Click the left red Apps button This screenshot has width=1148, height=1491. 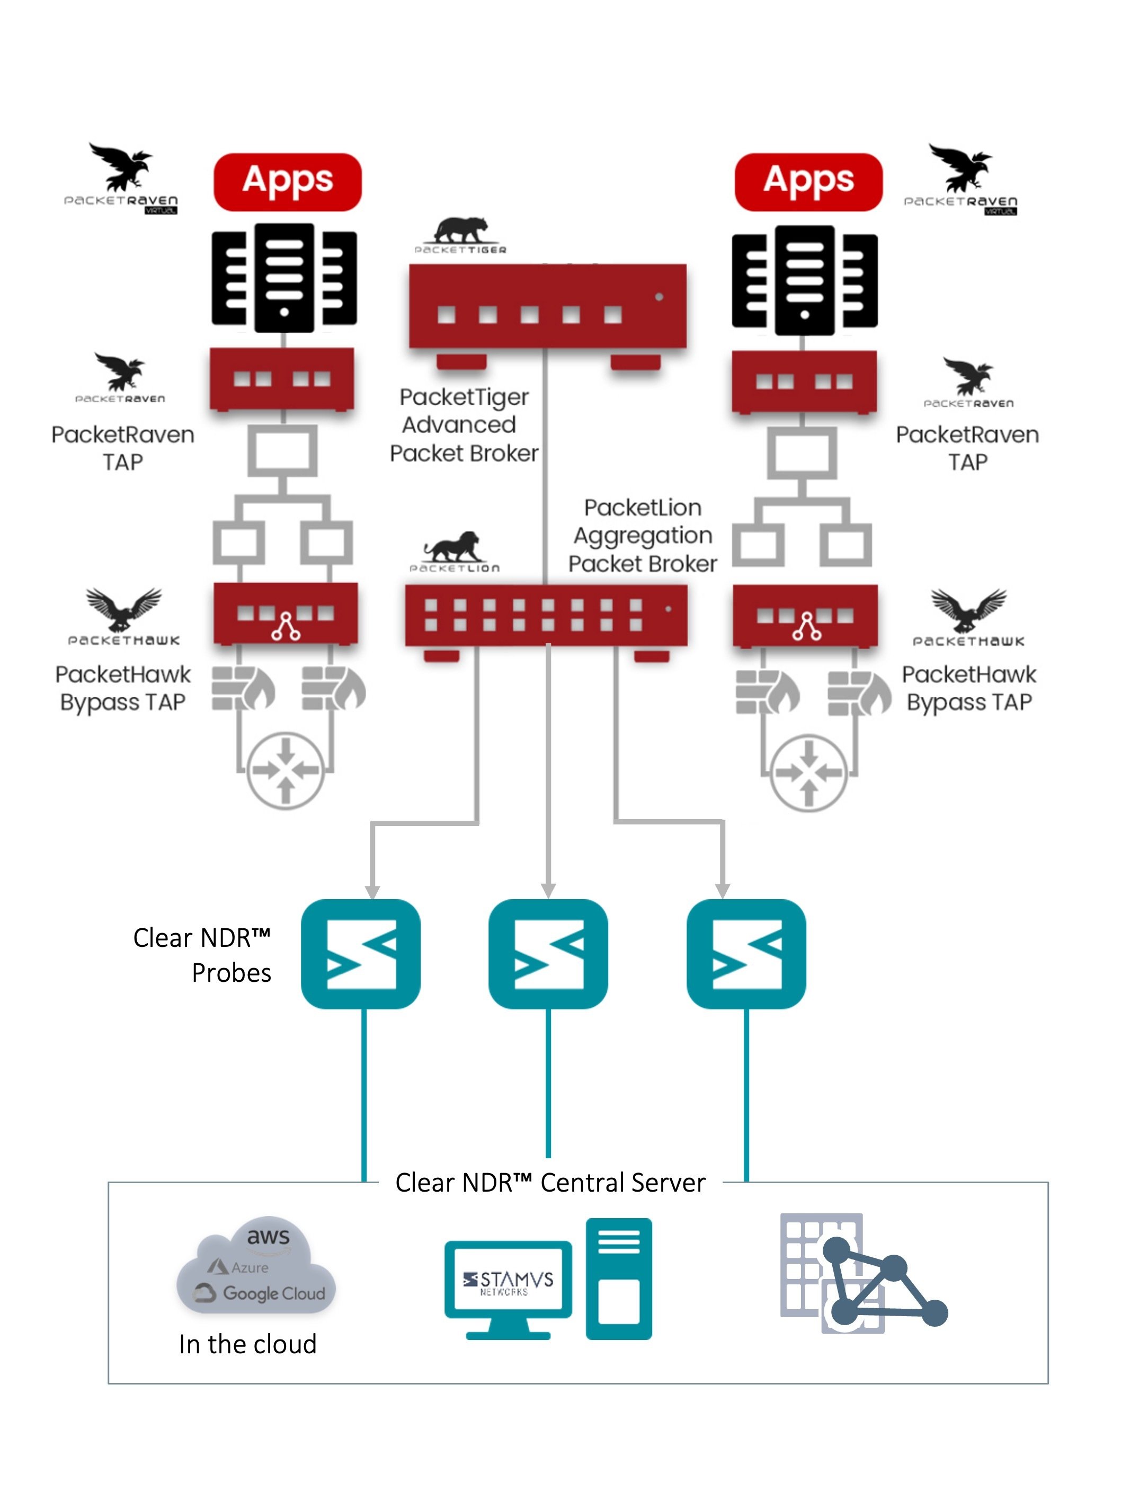tap(287, 182)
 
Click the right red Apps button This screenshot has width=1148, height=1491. tap(807, 182)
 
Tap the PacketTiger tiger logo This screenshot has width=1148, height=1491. tap(461, 231)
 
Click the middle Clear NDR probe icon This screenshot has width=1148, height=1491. tap(547, 953)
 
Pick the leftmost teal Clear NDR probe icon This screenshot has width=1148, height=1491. tap(360, 953)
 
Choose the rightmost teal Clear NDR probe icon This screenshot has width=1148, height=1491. tap(745, 953)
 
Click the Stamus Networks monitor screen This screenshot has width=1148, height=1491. tap(508, 1279)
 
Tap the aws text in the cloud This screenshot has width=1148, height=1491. tap(268, 1236)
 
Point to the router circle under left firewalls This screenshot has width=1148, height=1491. tap(286, 771)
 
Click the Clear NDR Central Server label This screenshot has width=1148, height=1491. tap(549, 1183)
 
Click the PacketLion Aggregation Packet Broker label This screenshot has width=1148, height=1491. tap(642, 535)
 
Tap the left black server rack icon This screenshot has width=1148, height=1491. tap(284, 277)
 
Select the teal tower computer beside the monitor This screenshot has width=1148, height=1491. tap(618, 1278)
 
